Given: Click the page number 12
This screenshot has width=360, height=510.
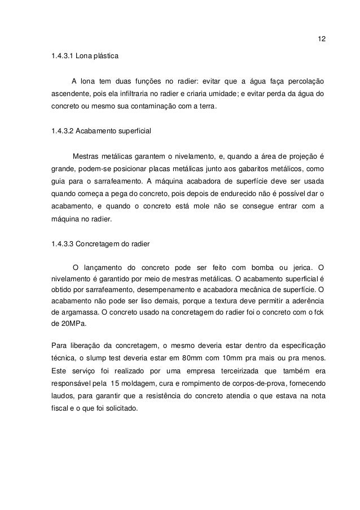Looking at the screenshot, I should [322, 40].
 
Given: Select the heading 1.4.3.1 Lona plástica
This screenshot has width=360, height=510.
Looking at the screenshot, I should [85, 57].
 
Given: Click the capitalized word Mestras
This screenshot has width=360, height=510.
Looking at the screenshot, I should [89, 155].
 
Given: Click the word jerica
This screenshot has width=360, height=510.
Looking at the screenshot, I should [302, 267].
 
